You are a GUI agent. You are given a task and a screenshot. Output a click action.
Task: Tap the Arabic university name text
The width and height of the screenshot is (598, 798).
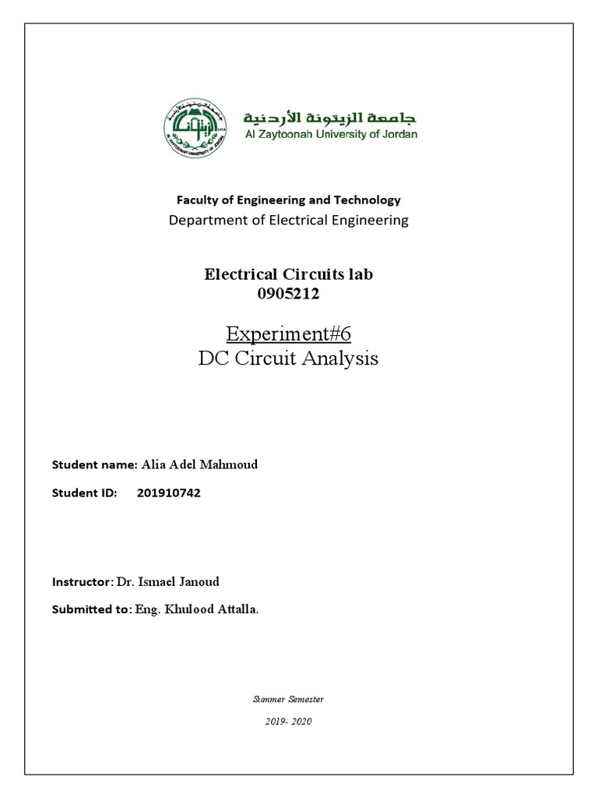(x=331, y=117)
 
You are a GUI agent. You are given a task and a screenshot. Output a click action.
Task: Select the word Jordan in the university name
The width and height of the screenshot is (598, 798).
(x=399, y=134)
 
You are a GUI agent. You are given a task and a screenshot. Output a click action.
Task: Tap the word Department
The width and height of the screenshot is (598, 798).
(x=204, y=220)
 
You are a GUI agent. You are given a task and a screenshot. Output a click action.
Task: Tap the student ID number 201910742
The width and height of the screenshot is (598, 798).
(x=168, y=493)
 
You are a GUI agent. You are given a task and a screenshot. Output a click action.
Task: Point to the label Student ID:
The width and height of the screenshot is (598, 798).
(x=84, y=493)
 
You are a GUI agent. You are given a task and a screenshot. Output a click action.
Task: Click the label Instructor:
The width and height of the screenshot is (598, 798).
(x=82, y=582)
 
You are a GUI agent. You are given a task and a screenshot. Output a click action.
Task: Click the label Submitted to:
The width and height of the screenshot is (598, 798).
(x=88, y=610)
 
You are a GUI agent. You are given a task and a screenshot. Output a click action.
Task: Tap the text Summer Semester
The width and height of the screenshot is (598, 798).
(x=287, y=699)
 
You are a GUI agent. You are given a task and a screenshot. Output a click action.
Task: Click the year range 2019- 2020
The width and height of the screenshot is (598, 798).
(x=288, y=722)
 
